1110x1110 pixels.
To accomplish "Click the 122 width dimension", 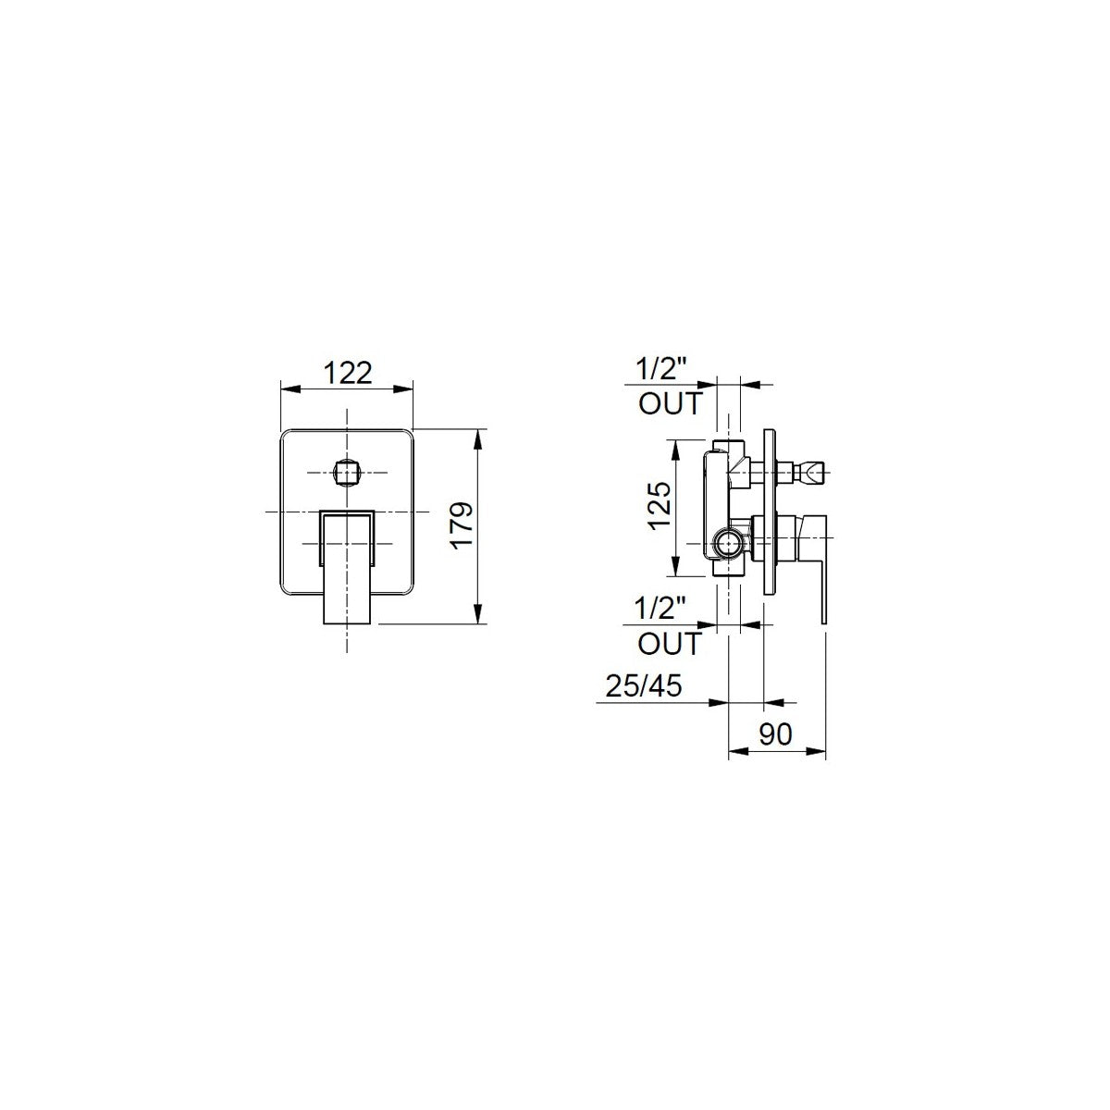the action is [348, 374].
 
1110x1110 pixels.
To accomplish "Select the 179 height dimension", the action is [462, 526].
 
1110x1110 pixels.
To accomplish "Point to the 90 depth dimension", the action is [775, 734].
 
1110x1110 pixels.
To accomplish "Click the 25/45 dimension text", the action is [644, 686].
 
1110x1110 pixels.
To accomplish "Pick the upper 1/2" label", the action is [662, 369].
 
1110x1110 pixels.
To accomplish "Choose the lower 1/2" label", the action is [660, 609].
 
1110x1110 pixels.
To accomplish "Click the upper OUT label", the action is [671, 404].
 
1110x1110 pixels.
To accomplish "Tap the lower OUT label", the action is [670, 644].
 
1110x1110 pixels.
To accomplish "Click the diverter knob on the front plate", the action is [348, 473].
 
